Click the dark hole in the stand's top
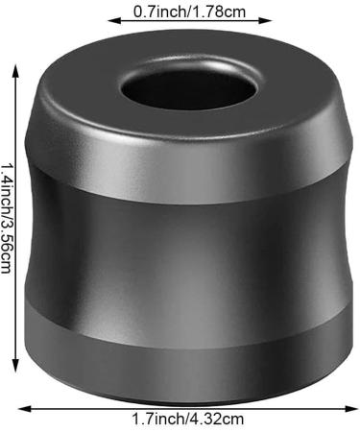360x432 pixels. point(189,90)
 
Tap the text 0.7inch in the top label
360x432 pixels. point(158,12)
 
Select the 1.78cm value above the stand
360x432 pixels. point(217,12)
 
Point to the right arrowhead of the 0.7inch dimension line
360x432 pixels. point(265,21)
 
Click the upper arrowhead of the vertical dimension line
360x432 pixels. point(15,71)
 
